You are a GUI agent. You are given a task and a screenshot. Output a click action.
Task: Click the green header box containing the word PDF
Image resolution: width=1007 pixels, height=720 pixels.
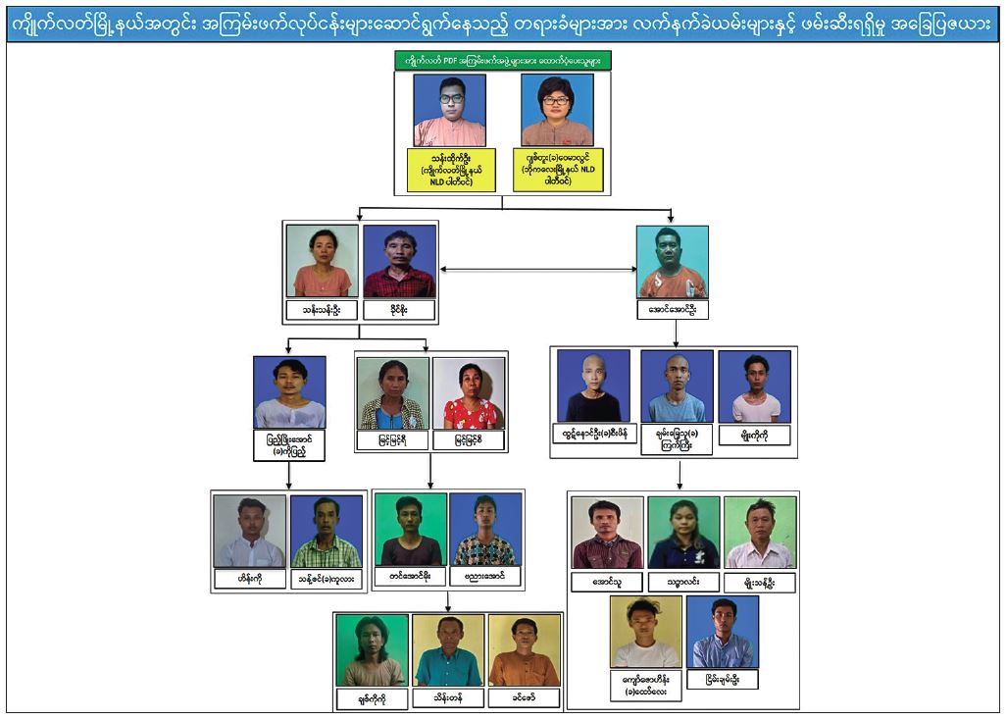point(502,61)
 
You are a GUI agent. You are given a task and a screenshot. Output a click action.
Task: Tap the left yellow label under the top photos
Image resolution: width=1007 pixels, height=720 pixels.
point(450,170)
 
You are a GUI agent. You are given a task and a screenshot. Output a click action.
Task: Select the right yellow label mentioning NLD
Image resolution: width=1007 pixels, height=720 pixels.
point(557,170)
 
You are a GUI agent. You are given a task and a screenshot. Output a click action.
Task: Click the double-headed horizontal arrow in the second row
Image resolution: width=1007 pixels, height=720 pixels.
point(537,269)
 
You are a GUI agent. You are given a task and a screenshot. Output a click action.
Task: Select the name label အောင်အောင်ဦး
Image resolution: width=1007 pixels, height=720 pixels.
point(672,310)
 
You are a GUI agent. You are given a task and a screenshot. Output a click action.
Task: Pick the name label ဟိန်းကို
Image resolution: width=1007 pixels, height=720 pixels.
point(249,580)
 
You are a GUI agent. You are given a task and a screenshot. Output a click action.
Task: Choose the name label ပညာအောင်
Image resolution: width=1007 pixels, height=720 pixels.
point(486,577)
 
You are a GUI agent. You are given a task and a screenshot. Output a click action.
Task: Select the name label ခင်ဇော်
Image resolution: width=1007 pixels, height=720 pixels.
point(525,698)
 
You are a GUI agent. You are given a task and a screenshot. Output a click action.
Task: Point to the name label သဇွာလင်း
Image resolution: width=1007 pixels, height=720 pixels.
point(683,582)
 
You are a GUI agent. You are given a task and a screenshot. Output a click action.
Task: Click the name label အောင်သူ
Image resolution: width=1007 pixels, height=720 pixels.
point(607,582)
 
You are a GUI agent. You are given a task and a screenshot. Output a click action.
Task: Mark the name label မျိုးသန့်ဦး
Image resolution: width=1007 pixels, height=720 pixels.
point(760,582)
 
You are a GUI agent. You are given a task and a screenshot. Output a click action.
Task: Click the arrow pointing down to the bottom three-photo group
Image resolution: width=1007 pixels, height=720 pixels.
point(449,601)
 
